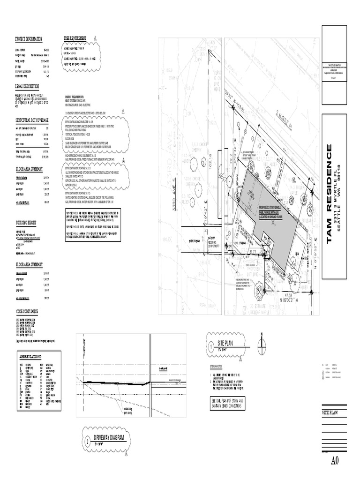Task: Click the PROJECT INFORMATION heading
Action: (x=29, y=39)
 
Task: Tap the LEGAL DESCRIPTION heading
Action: (x=27, y=87)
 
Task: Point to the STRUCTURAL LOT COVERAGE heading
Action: (x=32, y=120)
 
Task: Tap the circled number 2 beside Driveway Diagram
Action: (x=87, y=441)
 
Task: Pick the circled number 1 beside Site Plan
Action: (x=211, y=347)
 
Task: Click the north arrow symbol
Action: (x=262, y=345)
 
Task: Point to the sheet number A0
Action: (x=335, y=461)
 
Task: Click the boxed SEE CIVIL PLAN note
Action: (x=229, y=403)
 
